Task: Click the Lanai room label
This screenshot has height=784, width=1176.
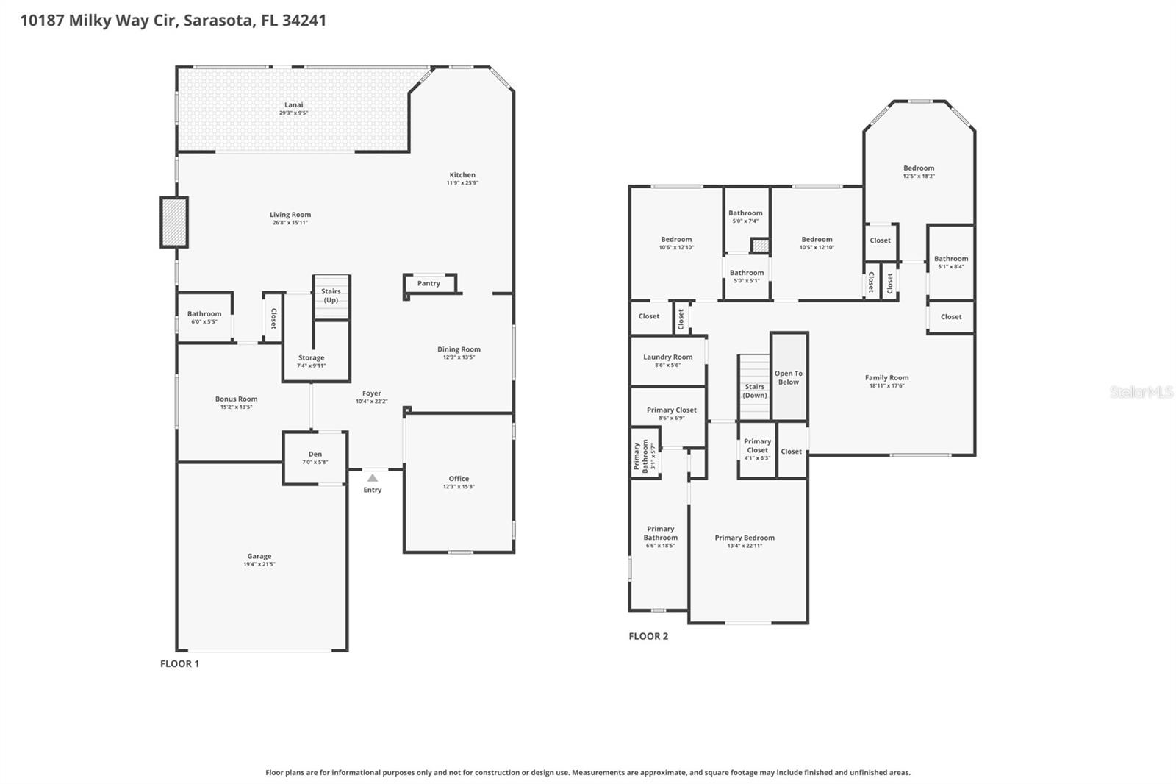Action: pyautogui.click(x=293, y=105)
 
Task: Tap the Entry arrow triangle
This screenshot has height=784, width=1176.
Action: pyautogui.click(x=373, y=478)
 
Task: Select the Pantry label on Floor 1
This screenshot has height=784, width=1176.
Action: pyautogui.click(x=429, y=283)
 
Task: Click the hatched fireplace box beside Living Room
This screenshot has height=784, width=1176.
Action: pyautogui.click(x=174, y=222)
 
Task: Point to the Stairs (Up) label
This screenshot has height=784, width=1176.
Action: pyautogui.click(x=331, y=296)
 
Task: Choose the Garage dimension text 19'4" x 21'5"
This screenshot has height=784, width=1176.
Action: pyautogui.click(x=259, y=564)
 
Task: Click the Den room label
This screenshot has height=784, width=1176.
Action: pyautogui.click(x=315, y=454)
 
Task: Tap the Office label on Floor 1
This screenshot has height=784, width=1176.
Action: pyautogui.click(x=459, y=478)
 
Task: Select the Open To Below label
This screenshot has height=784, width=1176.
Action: pyautogui.click(x=788, y=378)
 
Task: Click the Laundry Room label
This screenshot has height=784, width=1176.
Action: pyautogui.click(x=667, y=357)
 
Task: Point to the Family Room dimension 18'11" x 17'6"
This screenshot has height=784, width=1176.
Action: pyautogui.click(x=886, y=385)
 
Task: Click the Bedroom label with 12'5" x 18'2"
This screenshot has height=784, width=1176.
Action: pyautogui.click(x=919, y=168)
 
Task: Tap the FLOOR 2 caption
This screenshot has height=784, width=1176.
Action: pyautogui.click(x=648, y=636)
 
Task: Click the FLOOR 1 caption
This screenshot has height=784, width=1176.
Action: pyautogui.click(x=179, y=663)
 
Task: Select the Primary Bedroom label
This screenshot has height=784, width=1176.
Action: pyautogui.click(x=745, y=538)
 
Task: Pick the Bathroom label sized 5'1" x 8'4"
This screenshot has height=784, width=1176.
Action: pyautogui.click(x=950, y=258)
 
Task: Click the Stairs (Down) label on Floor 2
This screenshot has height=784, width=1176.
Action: pyautogui.click(x=755, y=391)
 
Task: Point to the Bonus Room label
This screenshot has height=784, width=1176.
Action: pyautogui.click(x=236, y=399)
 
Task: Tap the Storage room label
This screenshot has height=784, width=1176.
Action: pyautogui.click(x=311, y=357)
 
